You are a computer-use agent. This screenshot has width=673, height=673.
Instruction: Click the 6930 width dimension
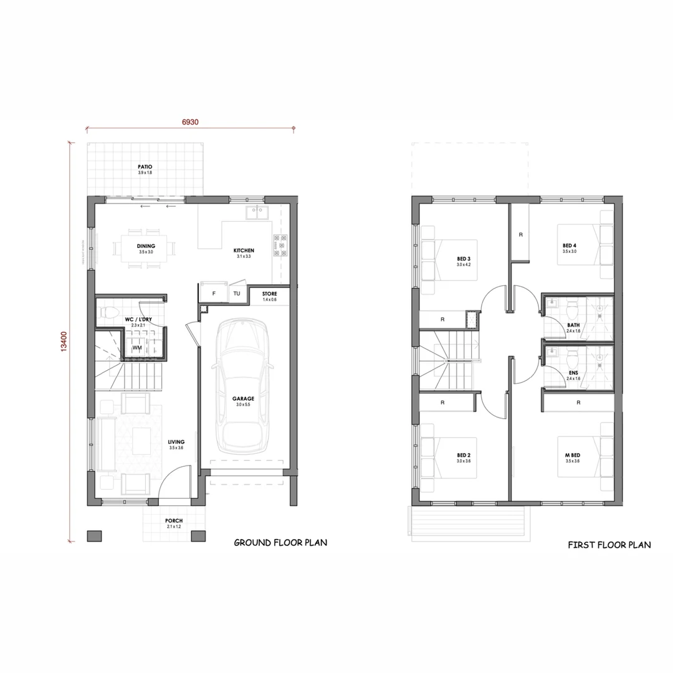pyautogui.click(x=190, y=122)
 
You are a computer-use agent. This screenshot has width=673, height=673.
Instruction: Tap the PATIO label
pyautogui.click(x=145, y=167)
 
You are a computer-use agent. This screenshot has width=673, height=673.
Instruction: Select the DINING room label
pyautogui.click(x=146, y=246)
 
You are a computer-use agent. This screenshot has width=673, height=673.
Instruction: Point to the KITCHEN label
pyautogui.click(x=244, y=251)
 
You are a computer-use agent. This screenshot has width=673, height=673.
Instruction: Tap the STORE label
pyautogui.click(x=269, y=294)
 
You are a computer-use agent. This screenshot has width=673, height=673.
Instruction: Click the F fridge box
pyautogui.click(x=214, y=293)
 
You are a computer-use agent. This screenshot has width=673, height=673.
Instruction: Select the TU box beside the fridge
pyautogui.click(x=237, y=293)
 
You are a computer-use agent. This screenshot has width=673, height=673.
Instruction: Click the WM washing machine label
pyautogui.click(x=136, y=348)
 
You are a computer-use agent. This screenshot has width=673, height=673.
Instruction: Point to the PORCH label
pyautogui.click(x=174, y=521)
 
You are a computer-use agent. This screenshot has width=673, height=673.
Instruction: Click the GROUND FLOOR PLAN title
pyautogui.click(x=280, y=543)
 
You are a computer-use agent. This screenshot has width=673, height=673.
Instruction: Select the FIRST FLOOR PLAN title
pyautogui.click(x=609, y=545)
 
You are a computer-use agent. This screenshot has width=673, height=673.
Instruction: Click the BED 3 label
pyautogui.click(x=463, y=259)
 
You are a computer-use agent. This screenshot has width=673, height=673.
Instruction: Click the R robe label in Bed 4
pyautogui.click(x=520, y=235)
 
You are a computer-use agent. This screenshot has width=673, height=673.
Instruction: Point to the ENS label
pyautogui.click(x=573, y=373)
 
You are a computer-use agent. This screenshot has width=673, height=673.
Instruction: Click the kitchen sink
pyautogui.click(x=256, y=212)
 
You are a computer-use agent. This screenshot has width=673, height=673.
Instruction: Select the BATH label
pyautogui.click(x=573, y=325)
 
